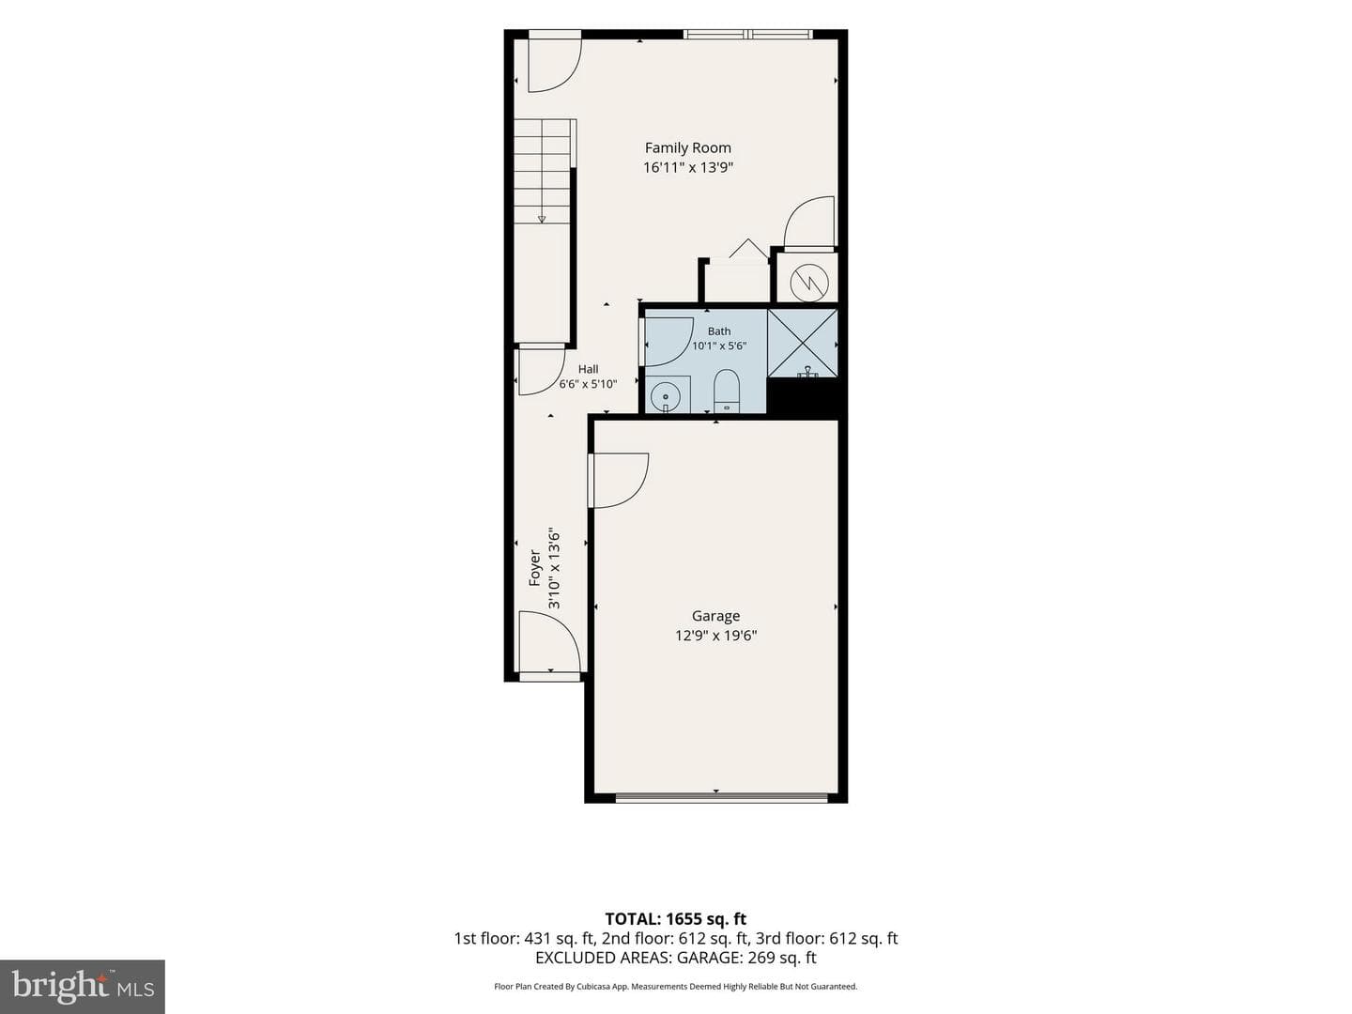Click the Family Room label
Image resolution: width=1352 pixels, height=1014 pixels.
pyautogui.click(x=687, y=147)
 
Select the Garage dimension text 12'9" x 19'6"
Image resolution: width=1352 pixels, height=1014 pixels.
pyautogui.click(x=715, y=636)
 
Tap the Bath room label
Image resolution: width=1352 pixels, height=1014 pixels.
pyautogui.click(x=719, y=331)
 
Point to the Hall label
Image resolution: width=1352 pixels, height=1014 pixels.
pyautogui.click(x=589, y=369)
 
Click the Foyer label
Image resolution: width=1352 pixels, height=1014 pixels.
pyautogui.click(x=534, y=568)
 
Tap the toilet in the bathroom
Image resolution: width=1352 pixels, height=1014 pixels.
pyautogui.click(x=727, y=391)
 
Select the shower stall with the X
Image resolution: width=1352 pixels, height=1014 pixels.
pyautogui.click(x=802, y=343)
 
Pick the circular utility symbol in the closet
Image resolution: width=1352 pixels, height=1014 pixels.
pyautogui.click(x=808, y=284)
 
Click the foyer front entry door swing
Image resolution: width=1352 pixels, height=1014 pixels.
pyautogui.click(x=549, y=642)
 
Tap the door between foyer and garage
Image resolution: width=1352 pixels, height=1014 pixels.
pyautogui.click(x=618, y=480)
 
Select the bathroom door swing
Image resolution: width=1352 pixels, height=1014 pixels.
pyautogui.click(x=668, y=342)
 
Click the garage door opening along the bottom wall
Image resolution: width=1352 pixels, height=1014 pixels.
pyautogui.click(x=722, y=798)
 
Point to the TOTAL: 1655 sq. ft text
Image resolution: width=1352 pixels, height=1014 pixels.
pyautogui.click(x=676, y=919)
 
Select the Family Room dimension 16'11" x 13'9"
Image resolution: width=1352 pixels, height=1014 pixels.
pyautogui.click(x=688, y=167)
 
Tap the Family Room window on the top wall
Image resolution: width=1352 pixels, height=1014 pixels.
pyautogui.click(x=747, y=35)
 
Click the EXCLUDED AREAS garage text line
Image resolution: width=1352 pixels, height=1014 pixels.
pyautogui.click(x=676, y=958)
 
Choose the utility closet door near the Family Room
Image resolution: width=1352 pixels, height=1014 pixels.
pyautogui.click(x=808, y=223)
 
